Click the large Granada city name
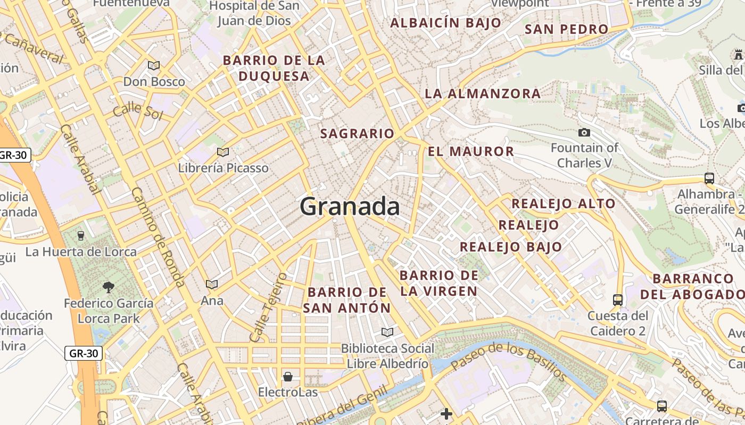point(350,206)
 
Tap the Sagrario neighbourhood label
point(357,134)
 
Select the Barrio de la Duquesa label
point(274,69)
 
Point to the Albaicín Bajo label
point(445,23)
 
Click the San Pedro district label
point(566,29)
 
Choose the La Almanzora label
point(482,94)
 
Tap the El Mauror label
point(471,151)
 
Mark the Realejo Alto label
point(563,203)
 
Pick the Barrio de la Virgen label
point(439,283)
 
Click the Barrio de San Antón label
point(347,300)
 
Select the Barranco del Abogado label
point(693,286)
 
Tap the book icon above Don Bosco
point(154,66)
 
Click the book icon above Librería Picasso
point(223,152)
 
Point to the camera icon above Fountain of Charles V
point(584,132)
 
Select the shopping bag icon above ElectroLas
point(288,377)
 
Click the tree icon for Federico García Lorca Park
point(109,287)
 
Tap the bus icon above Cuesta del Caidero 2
point(617,300)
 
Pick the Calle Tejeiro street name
point(268,308)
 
